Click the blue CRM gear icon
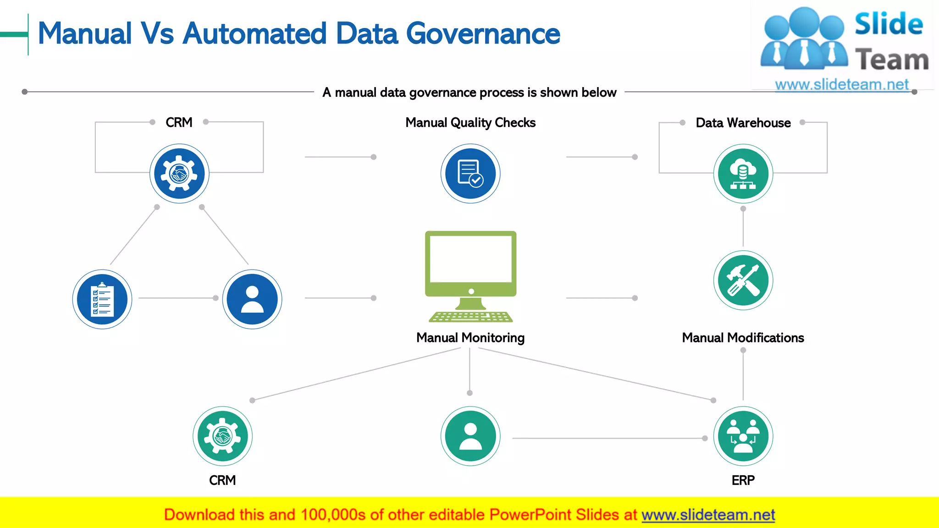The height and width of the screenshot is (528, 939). (x=179, y=174)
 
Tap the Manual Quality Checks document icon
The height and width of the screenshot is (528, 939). (x=470, y=174)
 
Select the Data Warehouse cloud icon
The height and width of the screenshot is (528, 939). (x=743, y=174)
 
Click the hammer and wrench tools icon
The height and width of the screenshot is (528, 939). (x=743, y=280)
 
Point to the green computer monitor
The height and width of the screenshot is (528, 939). (x=471, y=264)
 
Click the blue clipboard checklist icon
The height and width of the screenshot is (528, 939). (x=102, y=299)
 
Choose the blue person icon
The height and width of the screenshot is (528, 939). (x=252, y=299)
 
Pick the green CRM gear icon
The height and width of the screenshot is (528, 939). (x=222, y=436)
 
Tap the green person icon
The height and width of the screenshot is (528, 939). (x=470, y=436)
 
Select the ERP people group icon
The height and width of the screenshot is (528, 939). (x=743, y=436)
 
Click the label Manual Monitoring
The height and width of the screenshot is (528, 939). (x=470, y=338)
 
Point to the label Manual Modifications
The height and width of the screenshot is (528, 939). (x=743, y=338)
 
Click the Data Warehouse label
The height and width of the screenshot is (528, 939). (x=743, y=123)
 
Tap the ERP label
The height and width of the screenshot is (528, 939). (x=743, y=480)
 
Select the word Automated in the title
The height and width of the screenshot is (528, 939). (x=254, y=34)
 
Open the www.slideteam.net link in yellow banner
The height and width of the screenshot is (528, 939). (x=708, y=515)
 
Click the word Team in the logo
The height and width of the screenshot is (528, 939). (x=892, y=60)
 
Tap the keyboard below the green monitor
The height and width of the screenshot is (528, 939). (x=471, y=317)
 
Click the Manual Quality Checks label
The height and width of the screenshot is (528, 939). (x=470, y=123)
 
